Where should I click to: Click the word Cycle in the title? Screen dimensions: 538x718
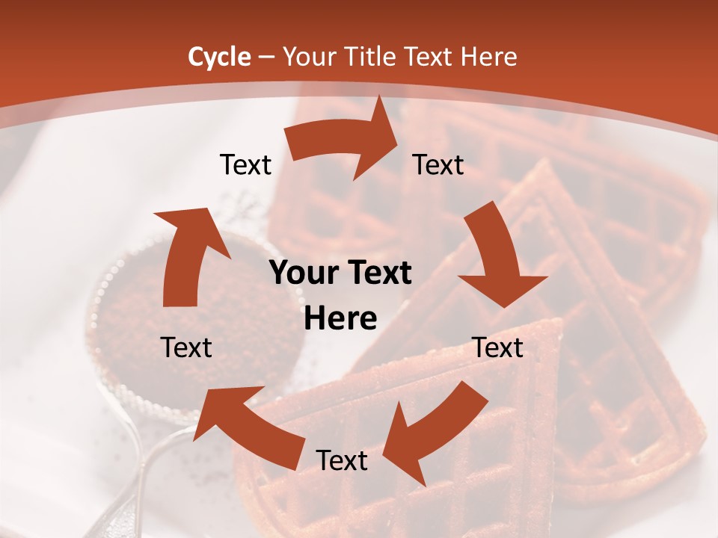click(x=219, y=57)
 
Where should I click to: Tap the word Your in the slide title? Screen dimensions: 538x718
click(x=309, y=57)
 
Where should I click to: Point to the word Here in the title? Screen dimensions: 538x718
click(x=490, y=57)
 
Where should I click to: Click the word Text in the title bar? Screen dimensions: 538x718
click(x=432, y=57)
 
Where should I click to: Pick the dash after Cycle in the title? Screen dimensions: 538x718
click(x=266, y=58)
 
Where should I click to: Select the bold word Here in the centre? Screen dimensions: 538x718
click(x=340, y=319)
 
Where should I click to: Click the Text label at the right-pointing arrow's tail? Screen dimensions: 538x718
click(x=245, y=164)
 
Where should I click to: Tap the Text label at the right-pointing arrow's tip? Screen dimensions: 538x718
click(x=438, y=164)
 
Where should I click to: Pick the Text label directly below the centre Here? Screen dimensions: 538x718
click(x=342, y=460)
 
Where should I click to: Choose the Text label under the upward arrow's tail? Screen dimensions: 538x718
click(x=186, y=347)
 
